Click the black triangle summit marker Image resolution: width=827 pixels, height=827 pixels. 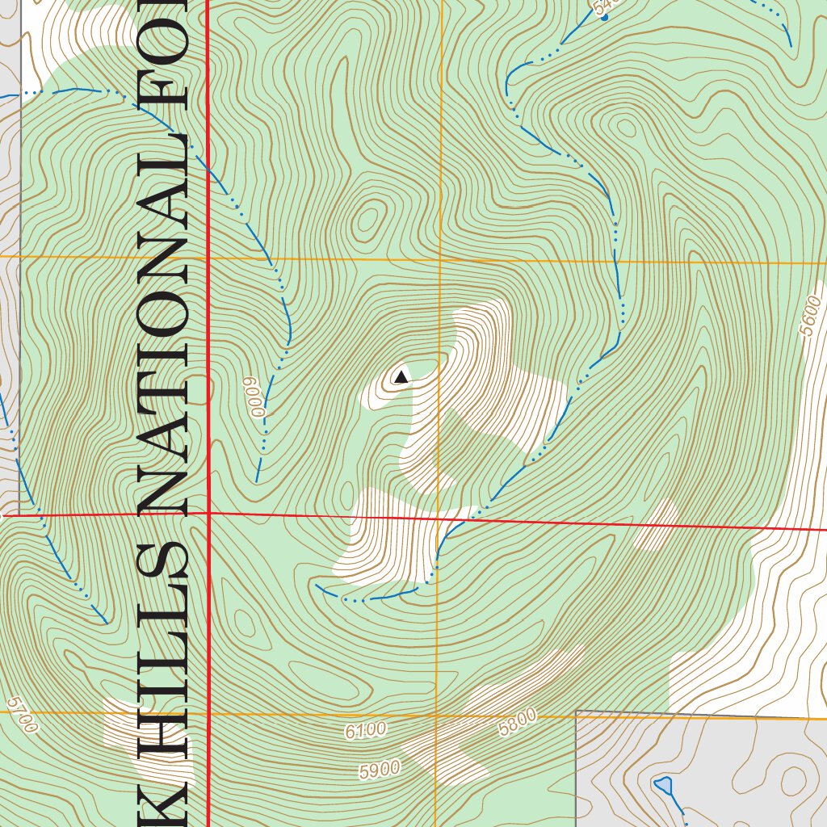pos(401,376)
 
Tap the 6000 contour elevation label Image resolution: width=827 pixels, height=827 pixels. pos(258,397)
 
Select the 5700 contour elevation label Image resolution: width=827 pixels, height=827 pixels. pos(22,716)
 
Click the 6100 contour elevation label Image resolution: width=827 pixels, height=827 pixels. pos(365,731)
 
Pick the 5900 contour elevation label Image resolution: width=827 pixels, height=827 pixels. pos(380,770)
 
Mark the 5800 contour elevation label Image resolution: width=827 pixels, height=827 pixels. pos(517,721)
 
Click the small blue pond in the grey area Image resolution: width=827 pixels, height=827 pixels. pos(663,784)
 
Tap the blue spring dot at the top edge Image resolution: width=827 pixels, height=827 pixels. pos(604,17)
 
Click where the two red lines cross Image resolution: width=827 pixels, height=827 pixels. pos(209,513)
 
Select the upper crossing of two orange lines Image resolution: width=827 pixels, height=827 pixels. pos(440,261)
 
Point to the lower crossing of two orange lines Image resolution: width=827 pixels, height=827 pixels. pos(437,715)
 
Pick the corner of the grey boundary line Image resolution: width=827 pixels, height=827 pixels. pos(576,712)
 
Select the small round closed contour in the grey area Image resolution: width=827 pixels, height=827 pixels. pos(793,780)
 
